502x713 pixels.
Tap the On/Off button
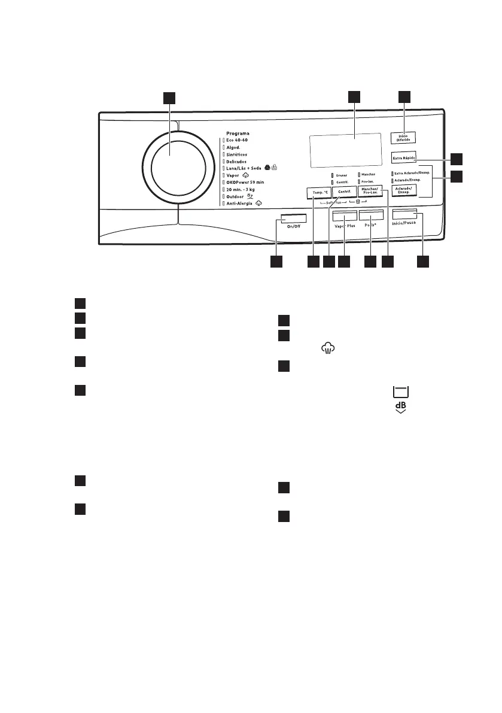[x=287, y=219]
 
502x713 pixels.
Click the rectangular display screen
[x=345, y=151]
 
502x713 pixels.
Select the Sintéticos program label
[x=239, y=154]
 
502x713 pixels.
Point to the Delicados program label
[x=238, y=162]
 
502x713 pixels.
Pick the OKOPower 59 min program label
[x=248, y=183]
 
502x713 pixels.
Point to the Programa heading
[x=238, y=133]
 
